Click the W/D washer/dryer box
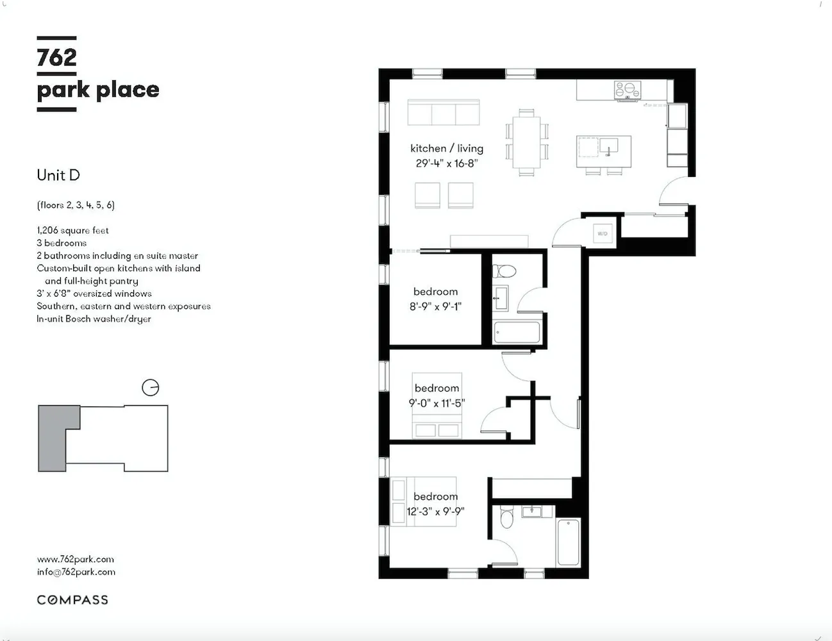[x=603, y=233]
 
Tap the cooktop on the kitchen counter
[x=627, y=90]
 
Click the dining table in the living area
[x=527, y=142]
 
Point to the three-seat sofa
[x=444, y=112]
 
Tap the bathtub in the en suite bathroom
[x=568, y=542]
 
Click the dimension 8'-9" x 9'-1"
[x=435, y=306]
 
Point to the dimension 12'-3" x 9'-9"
[x=435, y=512]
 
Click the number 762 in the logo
[x=56, y=58]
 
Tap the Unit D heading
[x=58, y=176]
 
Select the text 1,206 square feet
[x=72, y=230]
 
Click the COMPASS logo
[x=72, y=599]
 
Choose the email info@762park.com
[x=76, y=572]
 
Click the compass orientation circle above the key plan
[x=151, y=388]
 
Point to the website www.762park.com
[x=76, y=559]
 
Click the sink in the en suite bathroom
[x=531, y=511]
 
